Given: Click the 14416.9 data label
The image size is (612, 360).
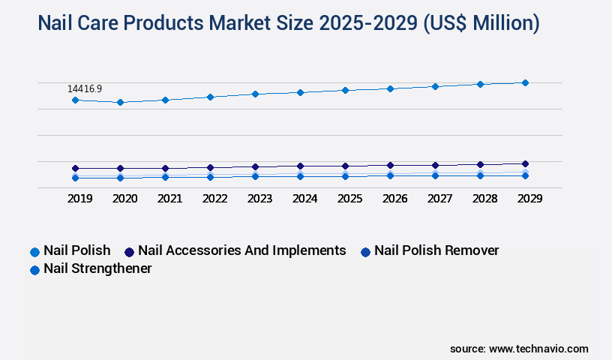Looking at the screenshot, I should [x=85, y=88].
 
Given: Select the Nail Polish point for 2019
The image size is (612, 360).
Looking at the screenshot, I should [x=75, y=100].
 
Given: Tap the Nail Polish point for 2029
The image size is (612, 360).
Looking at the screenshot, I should [x=525, y=82].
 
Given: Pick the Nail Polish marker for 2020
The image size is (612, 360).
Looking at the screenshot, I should [x=120, y=102].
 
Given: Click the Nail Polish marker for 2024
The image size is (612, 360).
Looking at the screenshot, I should [x=300, y=92].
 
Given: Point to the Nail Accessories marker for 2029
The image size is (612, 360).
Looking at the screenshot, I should [x=525, y=163].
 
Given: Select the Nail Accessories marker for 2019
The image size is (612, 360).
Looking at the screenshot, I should [x=75, y=168].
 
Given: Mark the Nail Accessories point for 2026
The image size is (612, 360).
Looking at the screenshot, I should [x=390, y=165].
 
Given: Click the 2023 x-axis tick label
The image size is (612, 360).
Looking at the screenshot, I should [x=259, y=199].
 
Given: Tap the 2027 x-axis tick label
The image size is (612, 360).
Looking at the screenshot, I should [x=439, y=199].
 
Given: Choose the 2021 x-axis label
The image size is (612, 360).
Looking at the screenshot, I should [x=169, y=199].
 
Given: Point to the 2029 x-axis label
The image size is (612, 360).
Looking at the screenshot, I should [x=529, y=199].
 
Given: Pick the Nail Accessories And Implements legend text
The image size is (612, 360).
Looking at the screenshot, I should [x=241, y=250].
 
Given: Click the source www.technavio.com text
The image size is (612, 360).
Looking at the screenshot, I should [x=519, y=349].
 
